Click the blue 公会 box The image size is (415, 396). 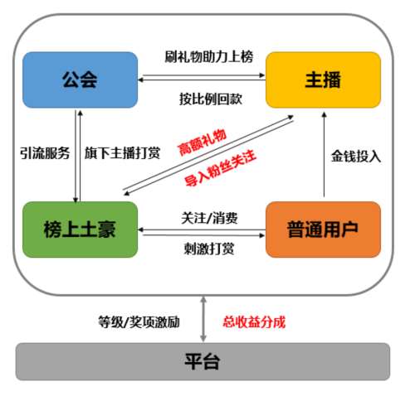tap(80, 80)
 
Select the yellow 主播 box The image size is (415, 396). tap(323, 80)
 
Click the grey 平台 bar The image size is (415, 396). tap(203, 361)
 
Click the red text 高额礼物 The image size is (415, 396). tap(203, 142)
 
